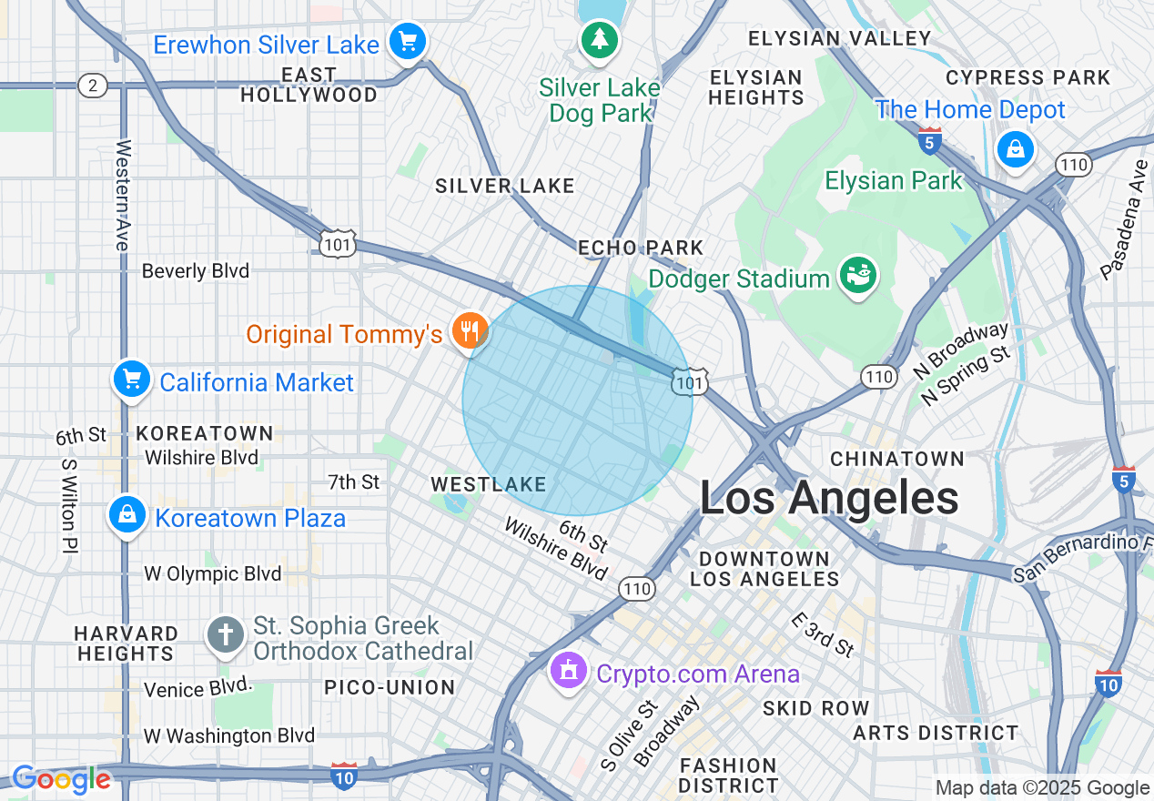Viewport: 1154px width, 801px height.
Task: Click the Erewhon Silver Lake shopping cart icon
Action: (x=407, y=42)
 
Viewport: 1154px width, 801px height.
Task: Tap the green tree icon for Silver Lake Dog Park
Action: (x=599, y=39)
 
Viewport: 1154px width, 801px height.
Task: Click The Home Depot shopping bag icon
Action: (x=1015, y=147)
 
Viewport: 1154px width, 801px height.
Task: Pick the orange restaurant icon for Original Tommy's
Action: (x=470, y=331)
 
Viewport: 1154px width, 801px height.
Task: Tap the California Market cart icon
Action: (x=131, y=380)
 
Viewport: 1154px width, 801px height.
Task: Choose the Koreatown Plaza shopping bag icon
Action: (x=127, y=515)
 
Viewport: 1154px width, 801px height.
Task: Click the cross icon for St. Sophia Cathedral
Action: (x=226, y=634)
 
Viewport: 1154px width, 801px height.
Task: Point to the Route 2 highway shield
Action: (x=92, y=86)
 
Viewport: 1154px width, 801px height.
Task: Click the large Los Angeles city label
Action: (x=829, y=499)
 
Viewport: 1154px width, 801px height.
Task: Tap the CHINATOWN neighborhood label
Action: (x=896, y=458)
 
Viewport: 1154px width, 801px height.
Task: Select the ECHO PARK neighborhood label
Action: (x=641, y=248)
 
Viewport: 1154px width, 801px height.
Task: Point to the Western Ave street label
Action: (x=123, y=195)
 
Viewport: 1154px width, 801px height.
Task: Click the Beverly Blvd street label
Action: (x=195, y=271)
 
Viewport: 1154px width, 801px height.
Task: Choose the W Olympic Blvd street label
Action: (x=213, y=574)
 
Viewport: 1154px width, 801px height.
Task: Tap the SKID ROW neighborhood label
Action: (x=815, y=707)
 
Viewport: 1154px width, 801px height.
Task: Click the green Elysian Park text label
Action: (x=893, y=180)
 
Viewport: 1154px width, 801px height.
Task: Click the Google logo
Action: (x=61, y=780)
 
